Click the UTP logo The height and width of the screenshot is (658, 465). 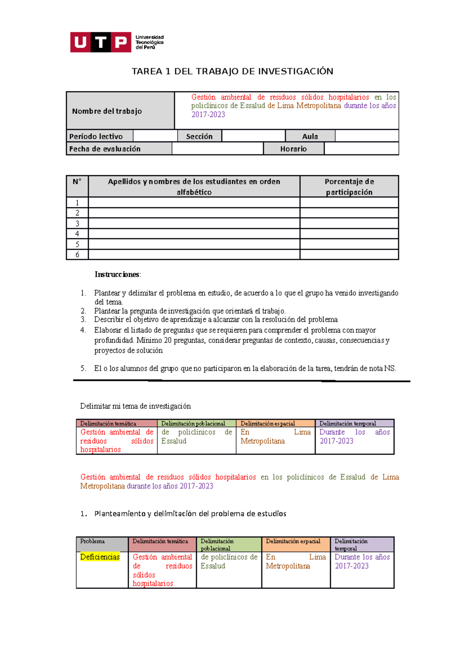tap(117, 42)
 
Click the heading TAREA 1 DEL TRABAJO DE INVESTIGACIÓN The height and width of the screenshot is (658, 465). tap(232, 71)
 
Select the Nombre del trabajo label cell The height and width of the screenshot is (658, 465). tap(120, 111)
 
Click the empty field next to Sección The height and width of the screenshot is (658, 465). tap(253, 136)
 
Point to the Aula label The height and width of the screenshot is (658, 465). tap(310, 136)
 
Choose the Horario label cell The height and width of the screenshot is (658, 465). tap(293, 149)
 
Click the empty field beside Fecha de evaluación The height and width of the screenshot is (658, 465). tap(217, 149)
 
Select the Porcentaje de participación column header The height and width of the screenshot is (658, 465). tap(349, 186)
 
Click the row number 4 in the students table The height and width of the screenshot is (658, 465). tap(77, 234)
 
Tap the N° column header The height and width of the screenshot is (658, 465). tap(77, 182)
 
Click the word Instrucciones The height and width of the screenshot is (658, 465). tap(117, 274)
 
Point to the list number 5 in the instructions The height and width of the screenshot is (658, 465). tap(83, 369)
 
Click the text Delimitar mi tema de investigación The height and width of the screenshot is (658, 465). tap(135, 406)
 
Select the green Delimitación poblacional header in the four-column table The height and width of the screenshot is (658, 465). tap(196, 424)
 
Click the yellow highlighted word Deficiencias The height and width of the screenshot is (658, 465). tap(100, 557)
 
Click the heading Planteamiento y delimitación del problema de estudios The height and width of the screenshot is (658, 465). tap(190, 513)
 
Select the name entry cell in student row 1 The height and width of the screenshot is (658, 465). tap(194, 203)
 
